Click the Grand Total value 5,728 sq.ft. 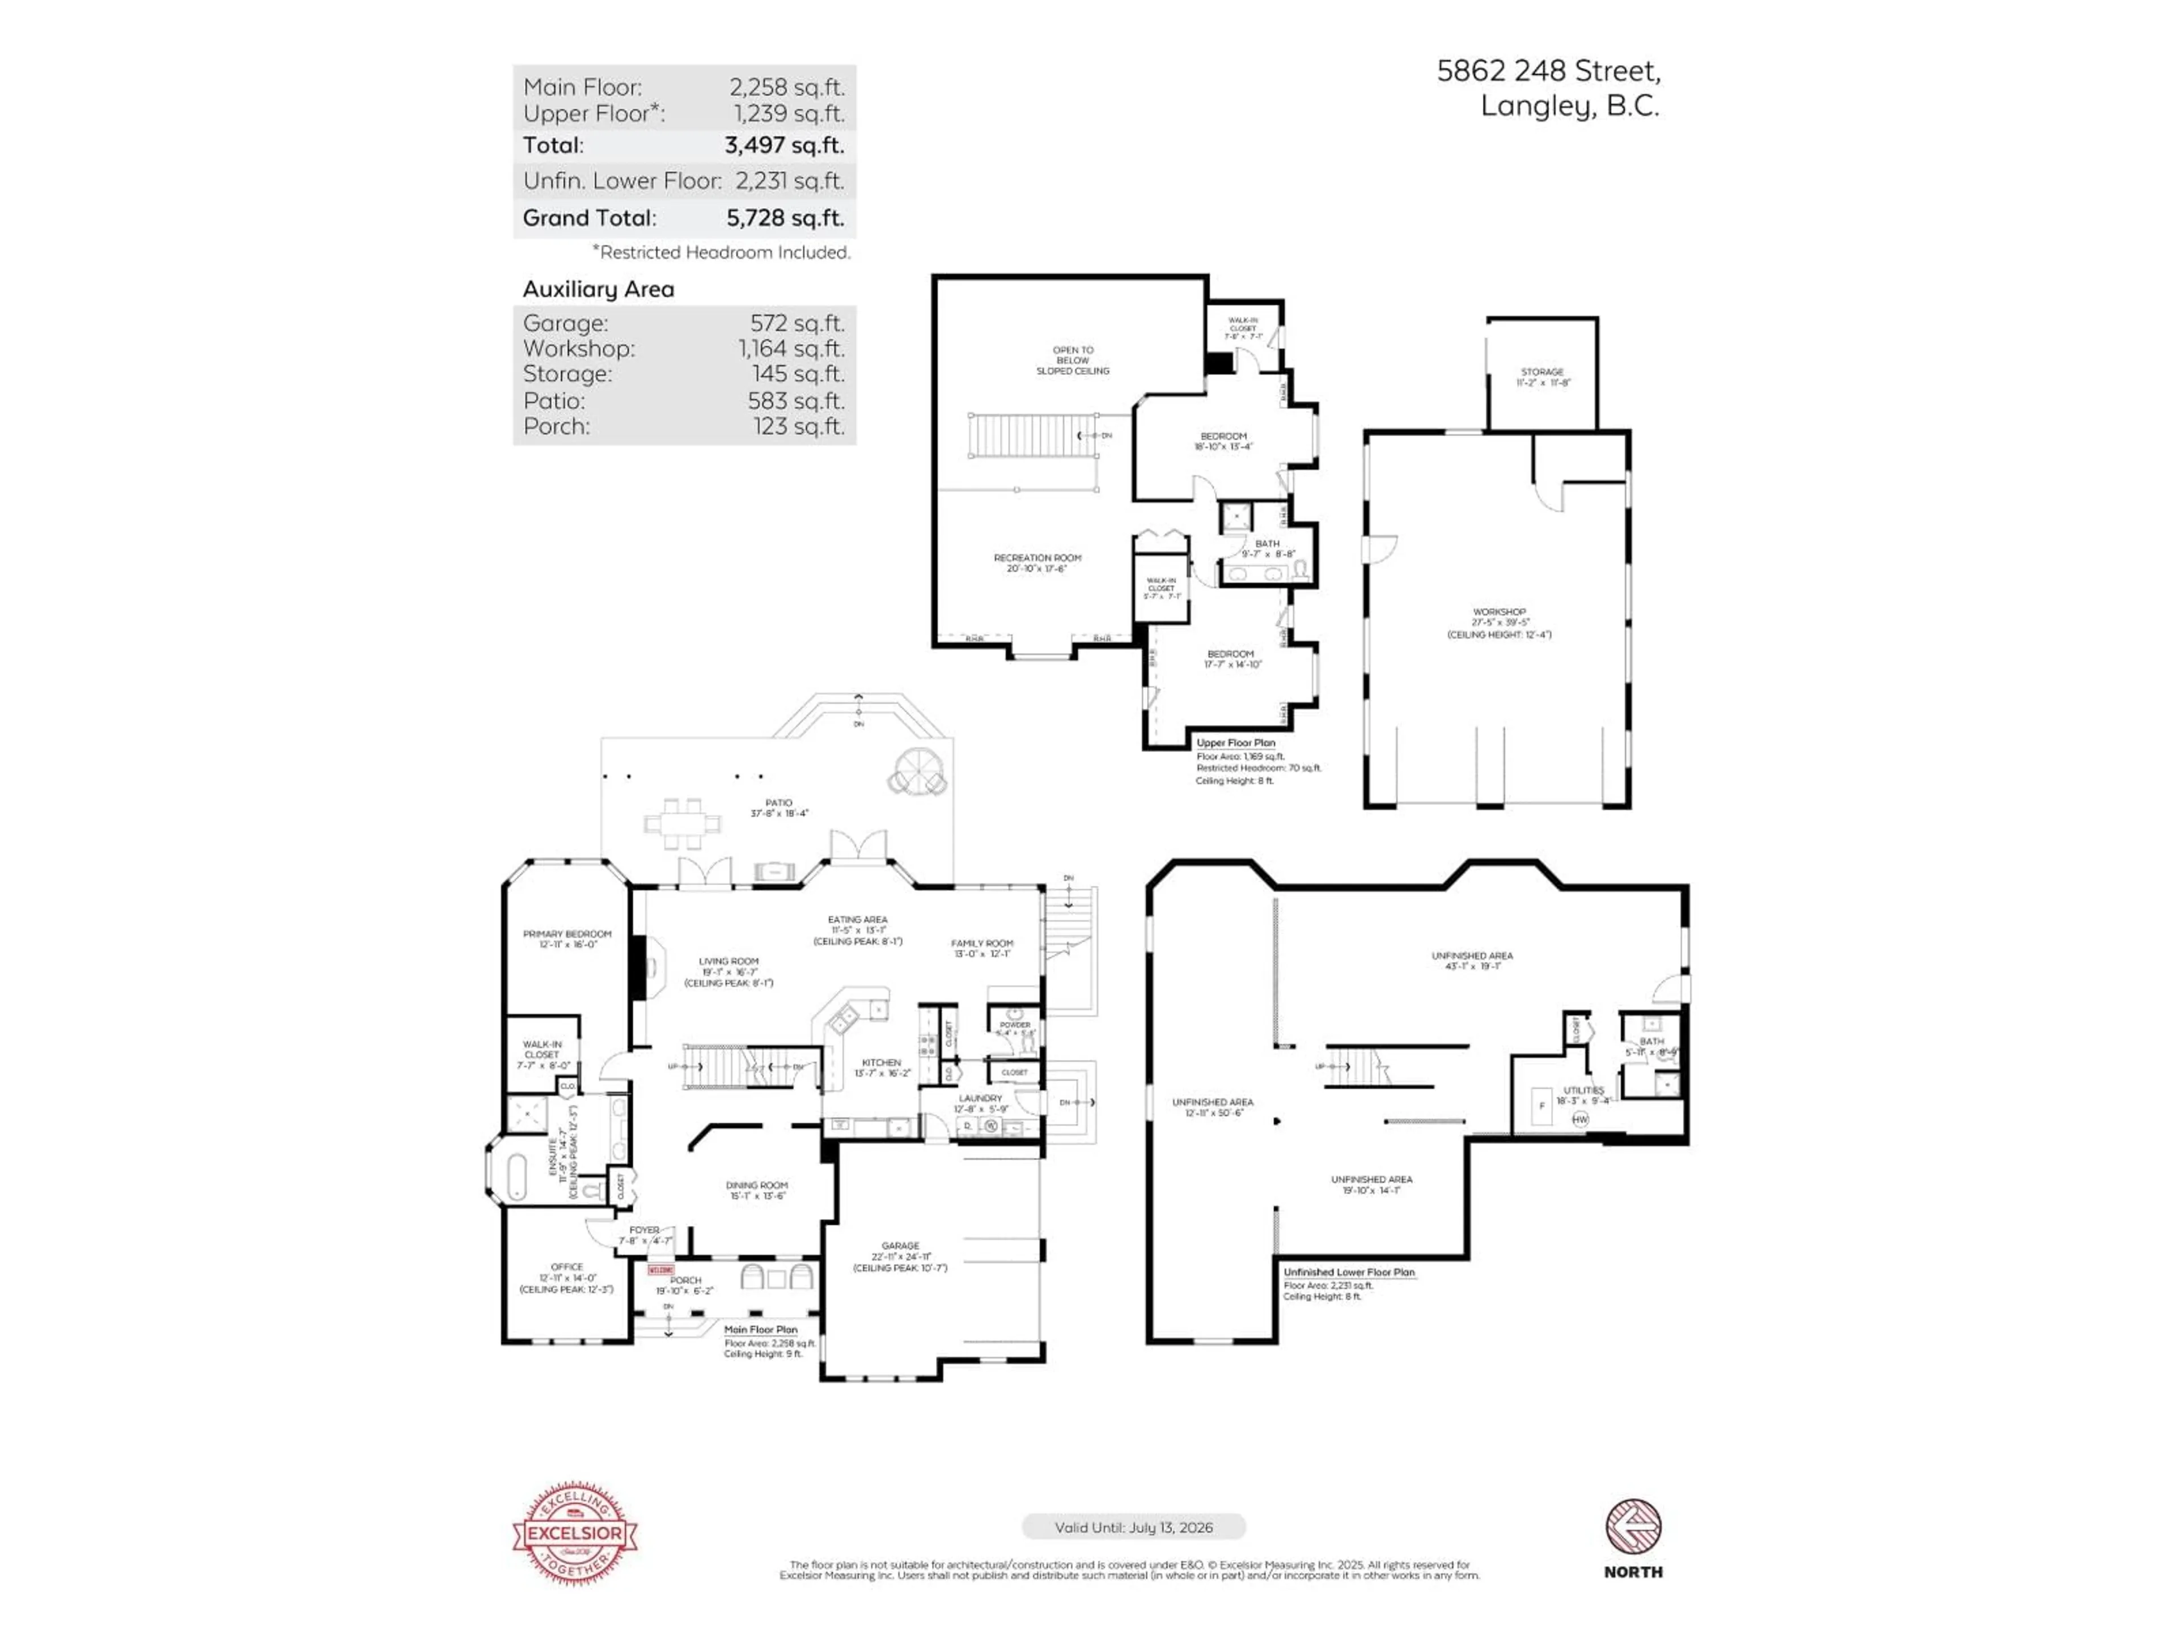[785, 218]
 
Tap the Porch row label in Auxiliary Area [557, 426]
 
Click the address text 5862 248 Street [1548, 71]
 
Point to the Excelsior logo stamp [575, 1533]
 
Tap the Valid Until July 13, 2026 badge [1134, 1527]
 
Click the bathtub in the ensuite [516, 1175]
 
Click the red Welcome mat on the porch [660, 1270]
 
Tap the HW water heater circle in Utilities [1579, 1119]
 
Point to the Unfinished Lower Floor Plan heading [1348, 1272]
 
